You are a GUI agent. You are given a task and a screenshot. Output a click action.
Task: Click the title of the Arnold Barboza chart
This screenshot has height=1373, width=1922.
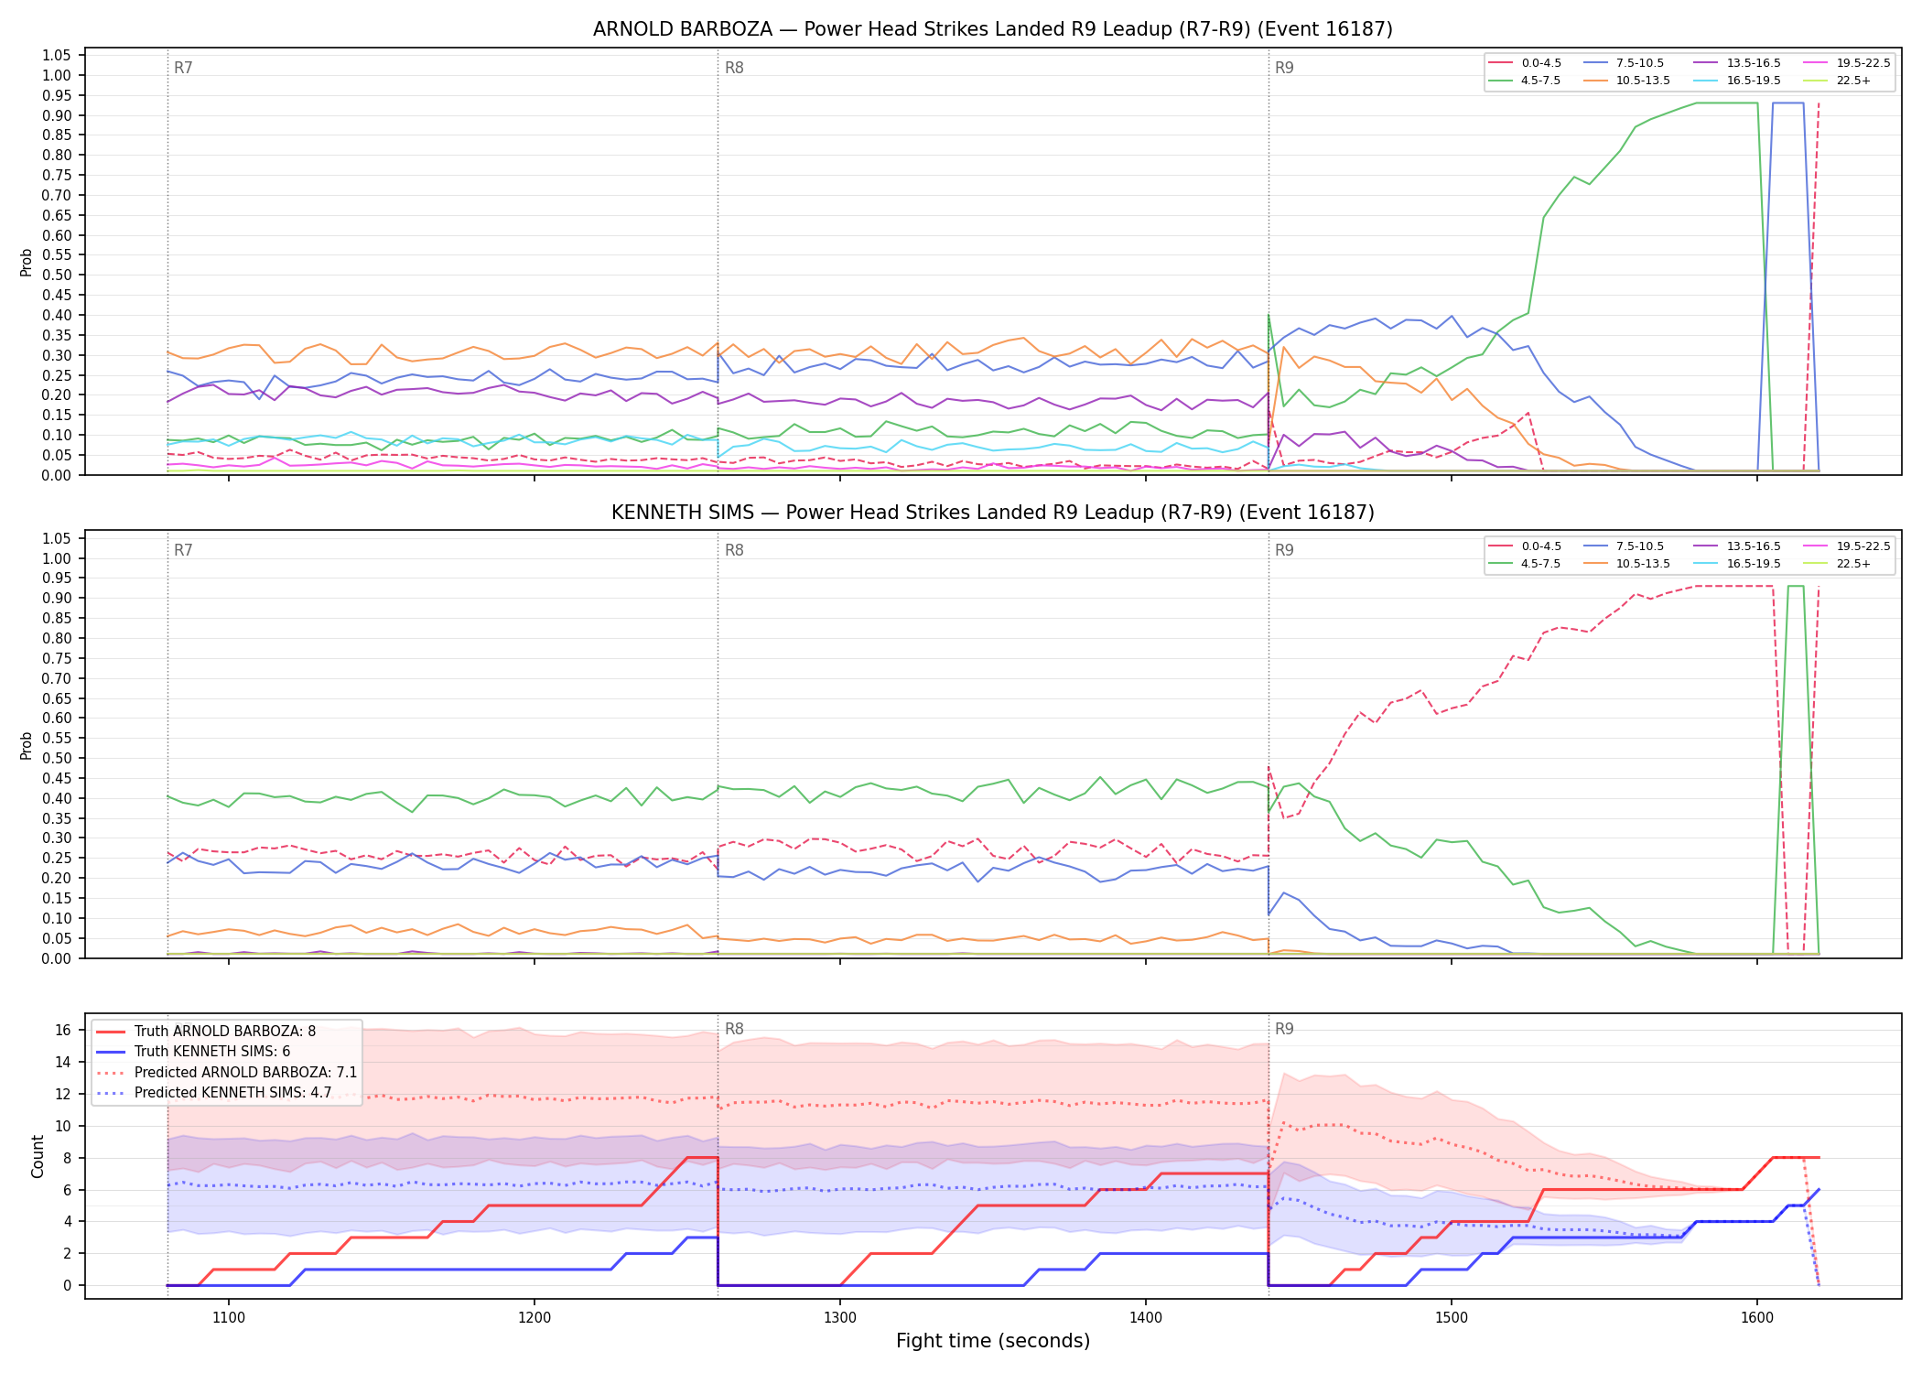(993, 29)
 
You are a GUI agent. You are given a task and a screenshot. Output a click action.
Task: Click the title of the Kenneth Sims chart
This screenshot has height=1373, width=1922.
(993, 513)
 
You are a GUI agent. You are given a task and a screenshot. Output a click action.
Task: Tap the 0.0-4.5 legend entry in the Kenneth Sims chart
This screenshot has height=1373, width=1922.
(1525, 546)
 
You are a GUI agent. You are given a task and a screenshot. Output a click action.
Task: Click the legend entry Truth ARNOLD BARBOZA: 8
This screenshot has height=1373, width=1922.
(206, 1032)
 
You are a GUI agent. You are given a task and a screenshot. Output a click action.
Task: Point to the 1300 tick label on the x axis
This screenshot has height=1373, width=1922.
(840, 1318)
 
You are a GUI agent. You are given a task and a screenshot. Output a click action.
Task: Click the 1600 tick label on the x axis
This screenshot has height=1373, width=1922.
(1757, 1318)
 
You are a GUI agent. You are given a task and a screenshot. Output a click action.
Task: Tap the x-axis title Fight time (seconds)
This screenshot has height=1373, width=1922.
(993, 1342)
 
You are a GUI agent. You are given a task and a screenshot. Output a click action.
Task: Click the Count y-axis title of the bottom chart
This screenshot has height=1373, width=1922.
(38, 1156)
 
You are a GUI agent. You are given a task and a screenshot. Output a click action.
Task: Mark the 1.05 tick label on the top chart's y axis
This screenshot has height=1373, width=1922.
(58, 55)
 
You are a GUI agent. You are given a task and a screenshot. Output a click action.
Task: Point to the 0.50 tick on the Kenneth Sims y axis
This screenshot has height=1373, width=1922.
(58, 759)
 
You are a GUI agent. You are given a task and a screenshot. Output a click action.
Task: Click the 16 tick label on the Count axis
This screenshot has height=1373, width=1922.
(63, 1031)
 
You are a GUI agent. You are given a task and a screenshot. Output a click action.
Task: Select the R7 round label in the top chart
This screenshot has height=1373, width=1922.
(183, 68)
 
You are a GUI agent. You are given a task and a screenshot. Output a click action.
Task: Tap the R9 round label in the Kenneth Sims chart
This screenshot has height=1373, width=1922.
(1284, 551)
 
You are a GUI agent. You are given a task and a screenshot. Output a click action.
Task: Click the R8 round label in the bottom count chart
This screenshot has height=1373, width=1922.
(734, 1029)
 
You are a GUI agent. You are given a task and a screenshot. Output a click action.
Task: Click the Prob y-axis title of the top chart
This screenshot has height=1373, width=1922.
(27, 263)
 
